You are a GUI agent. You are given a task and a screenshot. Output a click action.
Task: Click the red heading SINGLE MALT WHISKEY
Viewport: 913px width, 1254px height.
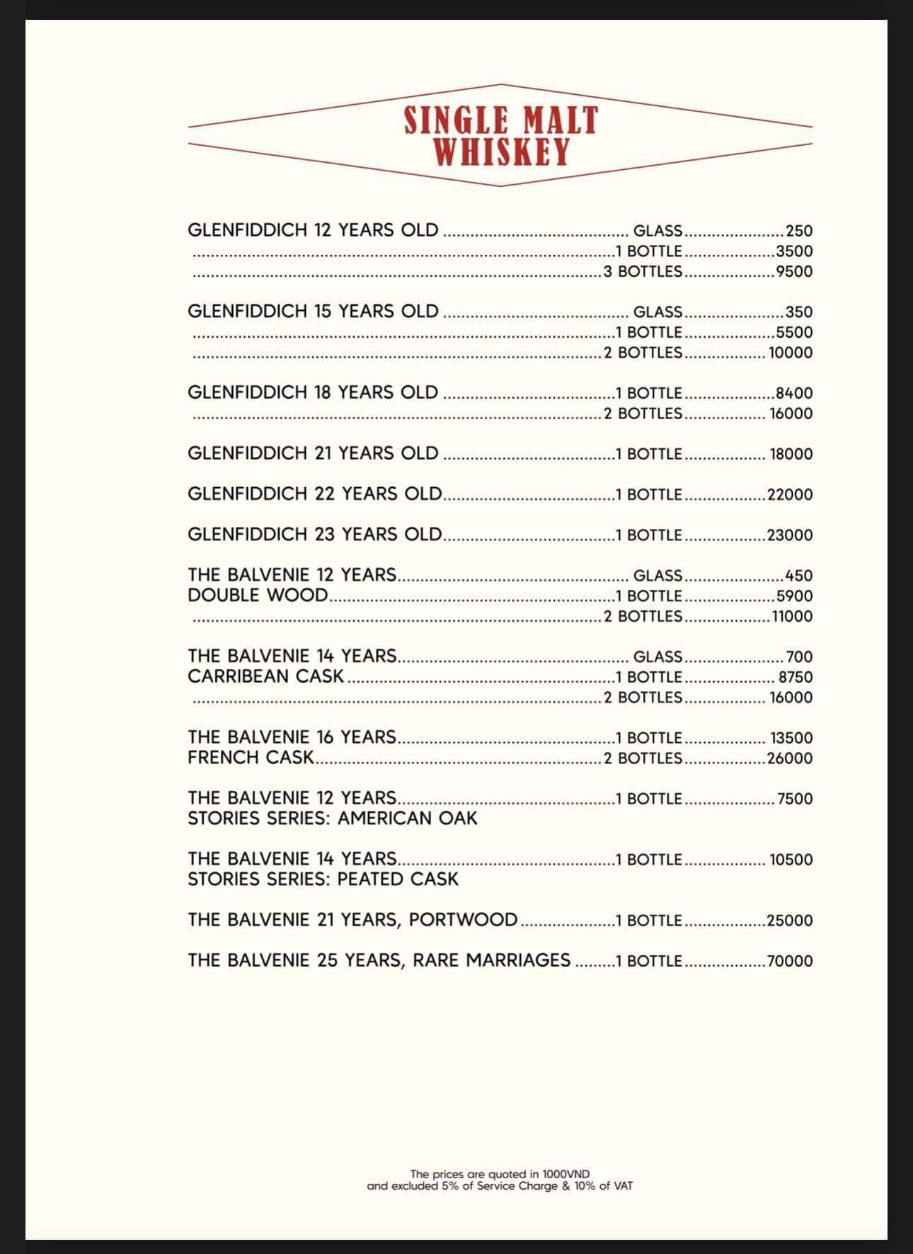500,135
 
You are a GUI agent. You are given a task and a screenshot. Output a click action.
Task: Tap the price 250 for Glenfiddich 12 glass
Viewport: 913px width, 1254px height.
799,231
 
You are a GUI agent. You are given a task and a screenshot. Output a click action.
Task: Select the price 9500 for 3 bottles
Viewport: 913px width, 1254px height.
794,271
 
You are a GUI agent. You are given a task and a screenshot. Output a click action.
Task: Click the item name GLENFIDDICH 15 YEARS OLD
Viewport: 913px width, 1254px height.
313,312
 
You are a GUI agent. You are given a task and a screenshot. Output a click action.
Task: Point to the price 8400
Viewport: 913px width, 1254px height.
794,393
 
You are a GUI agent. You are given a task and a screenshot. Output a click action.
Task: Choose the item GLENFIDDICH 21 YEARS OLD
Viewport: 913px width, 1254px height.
313,453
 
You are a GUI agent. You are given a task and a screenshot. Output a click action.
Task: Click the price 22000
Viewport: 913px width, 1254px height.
790,494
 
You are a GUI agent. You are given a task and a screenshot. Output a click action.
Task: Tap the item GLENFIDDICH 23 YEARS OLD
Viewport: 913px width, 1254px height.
314,535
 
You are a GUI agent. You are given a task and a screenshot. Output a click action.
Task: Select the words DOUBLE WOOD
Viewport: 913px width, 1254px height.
258,595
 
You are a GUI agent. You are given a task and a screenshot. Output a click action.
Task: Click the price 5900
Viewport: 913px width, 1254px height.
794,596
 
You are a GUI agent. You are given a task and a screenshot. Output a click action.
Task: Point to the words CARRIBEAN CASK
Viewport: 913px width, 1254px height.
265,677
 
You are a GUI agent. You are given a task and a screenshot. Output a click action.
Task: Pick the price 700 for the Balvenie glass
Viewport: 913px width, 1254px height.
799,657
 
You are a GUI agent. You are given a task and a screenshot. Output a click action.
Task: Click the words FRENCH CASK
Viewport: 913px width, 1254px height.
251,758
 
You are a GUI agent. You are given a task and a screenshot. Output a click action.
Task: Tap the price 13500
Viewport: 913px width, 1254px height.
791,738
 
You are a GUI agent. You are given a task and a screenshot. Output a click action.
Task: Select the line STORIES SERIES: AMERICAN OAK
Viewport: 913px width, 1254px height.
333,819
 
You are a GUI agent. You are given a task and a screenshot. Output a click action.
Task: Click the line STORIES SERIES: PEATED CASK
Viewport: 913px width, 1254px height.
323,879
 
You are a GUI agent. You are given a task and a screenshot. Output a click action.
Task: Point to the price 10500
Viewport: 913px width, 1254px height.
791,860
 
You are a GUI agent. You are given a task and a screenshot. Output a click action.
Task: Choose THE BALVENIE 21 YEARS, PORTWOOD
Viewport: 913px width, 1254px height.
352,920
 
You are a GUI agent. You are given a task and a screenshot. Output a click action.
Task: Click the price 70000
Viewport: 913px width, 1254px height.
790,962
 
